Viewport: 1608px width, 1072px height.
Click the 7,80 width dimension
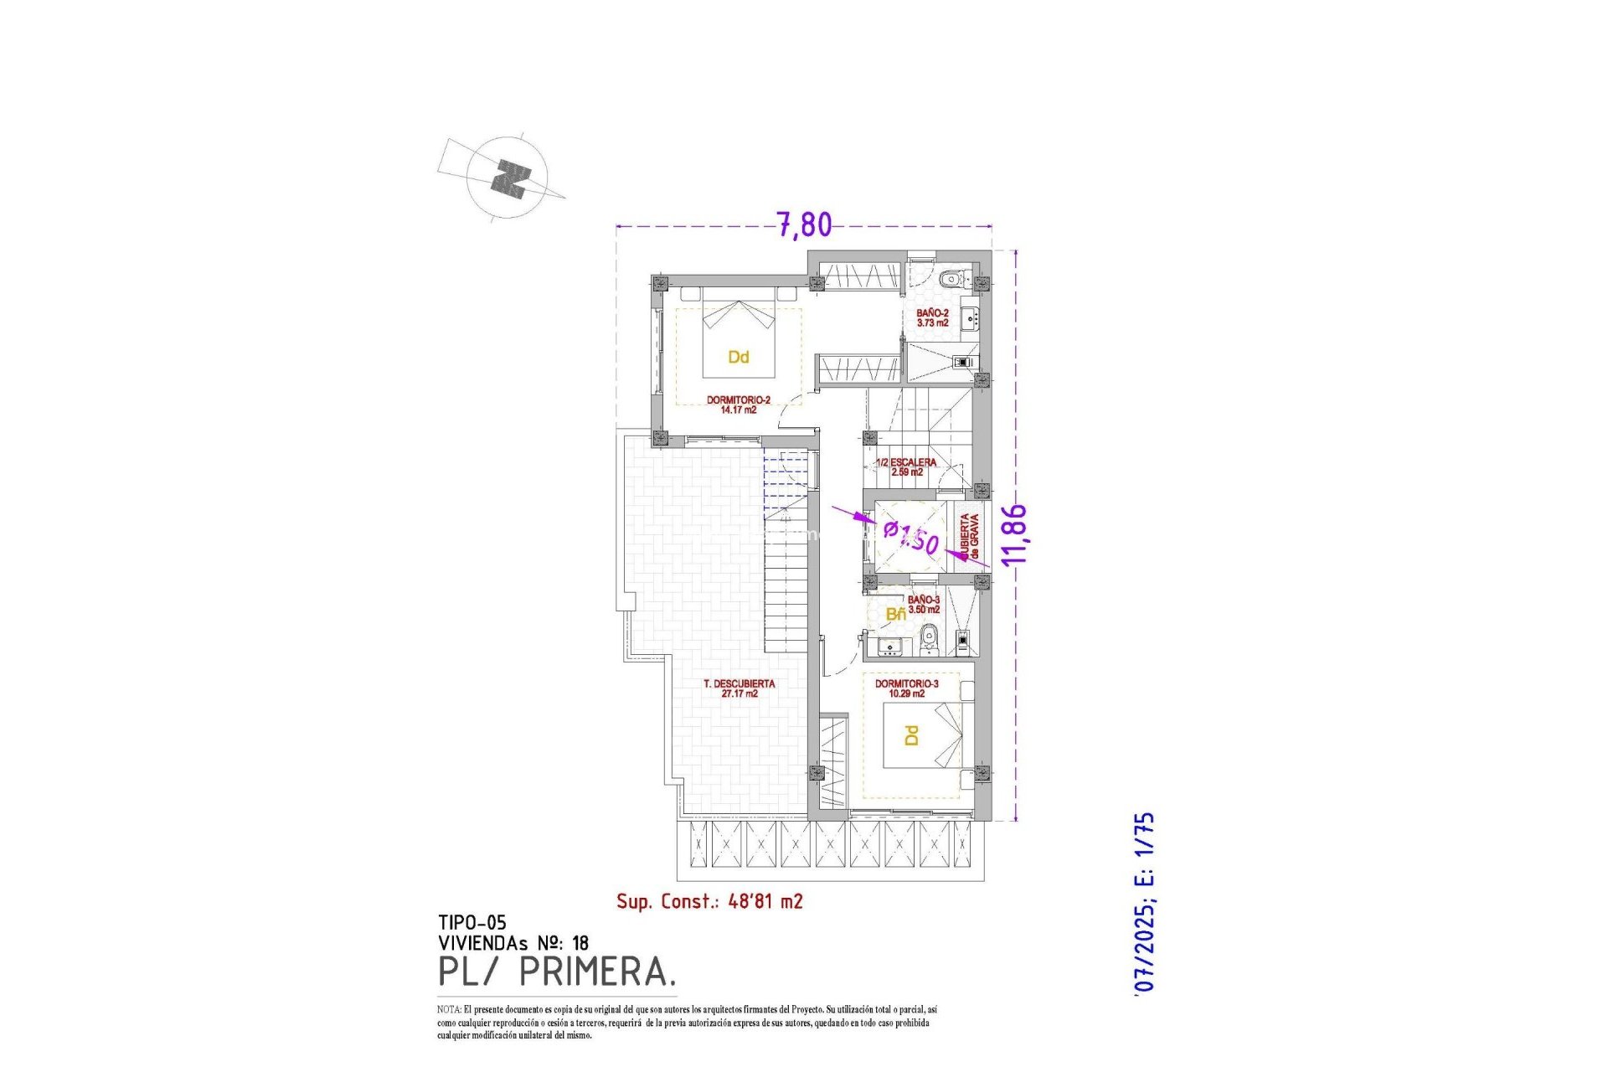pyautogui.click(x=804, y=224)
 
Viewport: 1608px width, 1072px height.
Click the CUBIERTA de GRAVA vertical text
pyautogui.click(x=969, y=537)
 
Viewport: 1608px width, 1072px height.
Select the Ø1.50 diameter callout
pyautogui.click(x=911, y=537)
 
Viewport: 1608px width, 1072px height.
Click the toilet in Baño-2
pyautogui.click(x=950, y=279)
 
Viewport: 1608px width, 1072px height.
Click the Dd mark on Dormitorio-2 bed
pyautogui.click(x=738, y=358)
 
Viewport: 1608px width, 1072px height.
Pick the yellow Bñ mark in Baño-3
pyautogui.click(x=895, y=615)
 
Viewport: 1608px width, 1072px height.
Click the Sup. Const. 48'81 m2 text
pyautogui.click(x=709, y=901)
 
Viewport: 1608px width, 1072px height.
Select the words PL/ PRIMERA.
pyautogui.click(x=557, y=972)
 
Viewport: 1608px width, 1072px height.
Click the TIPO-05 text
pyautogui.click(x=472, y=923)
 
